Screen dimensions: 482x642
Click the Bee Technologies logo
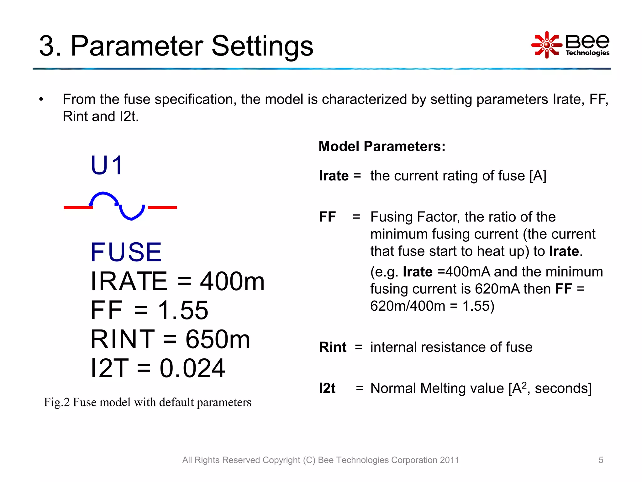[x=571, y=45]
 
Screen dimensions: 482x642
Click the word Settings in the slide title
[x=262, y=46]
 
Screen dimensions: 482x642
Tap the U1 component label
[x=107, y=165]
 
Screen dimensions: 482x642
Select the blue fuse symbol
[x=118, y=206]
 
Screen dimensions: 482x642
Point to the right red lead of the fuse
[x=162, y=207]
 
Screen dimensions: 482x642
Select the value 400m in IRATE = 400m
[x=232, y=281]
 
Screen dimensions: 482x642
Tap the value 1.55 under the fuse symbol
[x=183, y=310]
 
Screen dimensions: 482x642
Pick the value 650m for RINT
[x=218, y=340]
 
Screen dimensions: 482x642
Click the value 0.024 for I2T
[x=192, y=368]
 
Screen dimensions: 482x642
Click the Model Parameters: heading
[x=382, y=147]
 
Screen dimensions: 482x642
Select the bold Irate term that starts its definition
[x=334, y=176]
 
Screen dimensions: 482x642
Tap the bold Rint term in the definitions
[x=333, y=347]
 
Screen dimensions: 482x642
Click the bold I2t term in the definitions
[x=327, y=388]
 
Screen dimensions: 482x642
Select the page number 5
[x=601, y=460]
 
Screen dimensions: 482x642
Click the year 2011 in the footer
[x=449, y=460]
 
